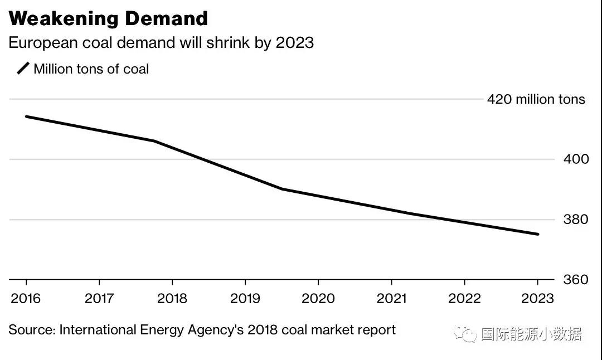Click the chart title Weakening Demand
108,19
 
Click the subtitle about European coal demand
161,43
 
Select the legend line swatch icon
23,69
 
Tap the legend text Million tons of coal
91,69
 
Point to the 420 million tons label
536,100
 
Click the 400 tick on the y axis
576,159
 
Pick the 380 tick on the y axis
576,220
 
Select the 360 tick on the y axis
576,280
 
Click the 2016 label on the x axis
26,299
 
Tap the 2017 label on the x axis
99,299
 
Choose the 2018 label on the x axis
172,299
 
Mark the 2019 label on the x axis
245,299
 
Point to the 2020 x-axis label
318,299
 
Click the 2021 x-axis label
391,299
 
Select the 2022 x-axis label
464,299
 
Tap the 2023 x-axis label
537,299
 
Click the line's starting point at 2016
26,116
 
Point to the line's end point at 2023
538,234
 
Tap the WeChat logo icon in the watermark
464,334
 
